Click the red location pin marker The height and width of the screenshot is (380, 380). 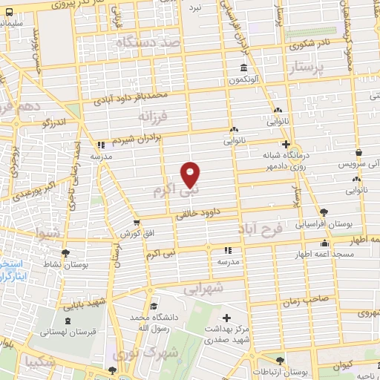(191, 174)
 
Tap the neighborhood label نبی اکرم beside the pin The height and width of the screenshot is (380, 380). (168, 191)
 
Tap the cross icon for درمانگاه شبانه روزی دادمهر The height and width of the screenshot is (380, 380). (286, 145)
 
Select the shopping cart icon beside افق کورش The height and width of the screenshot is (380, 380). (136, 221)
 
